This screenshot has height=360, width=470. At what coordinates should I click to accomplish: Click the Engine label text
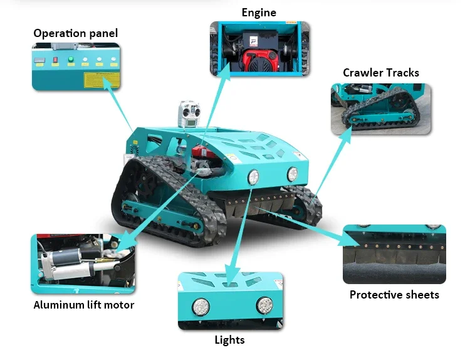point(259,13)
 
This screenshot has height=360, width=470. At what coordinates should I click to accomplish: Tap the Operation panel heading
point(76,33)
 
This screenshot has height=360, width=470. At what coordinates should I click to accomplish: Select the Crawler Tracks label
point(381,73)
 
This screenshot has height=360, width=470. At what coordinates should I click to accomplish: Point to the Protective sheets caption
point(394,295)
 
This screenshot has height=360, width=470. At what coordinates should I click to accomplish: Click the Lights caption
point(229,340)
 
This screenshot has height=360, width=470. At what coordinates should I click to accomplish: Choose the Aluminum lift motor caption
point(84,305)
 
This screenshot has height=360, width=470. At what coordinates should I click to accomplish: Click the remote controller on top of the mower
point(189,114)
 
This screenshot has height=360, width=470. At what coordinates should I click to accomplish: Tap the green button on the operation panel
point(71,60)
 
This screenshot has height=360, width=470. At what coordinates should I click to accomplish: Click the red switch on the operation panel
point(55,60)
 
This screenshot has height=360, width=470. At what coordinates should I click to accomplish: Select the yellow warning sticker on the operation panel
point(102,80)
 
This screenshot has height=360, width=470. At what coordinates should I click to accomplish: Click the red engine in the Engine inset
point(259,60)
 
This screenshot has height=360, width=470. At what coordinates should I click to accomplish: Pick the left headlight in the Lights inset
point(201,307)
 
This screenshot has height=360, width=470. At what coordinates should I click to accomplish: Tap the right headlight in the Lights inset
point(264,305)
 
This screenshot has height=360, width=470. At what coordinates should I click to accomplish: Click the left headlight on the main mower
point(253,177)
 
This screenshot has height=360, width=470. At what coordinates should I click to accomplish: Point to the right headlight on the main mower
point(292,174)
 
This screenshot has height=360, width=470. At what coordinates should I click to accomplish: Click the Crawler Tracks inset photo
point(381,109)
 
